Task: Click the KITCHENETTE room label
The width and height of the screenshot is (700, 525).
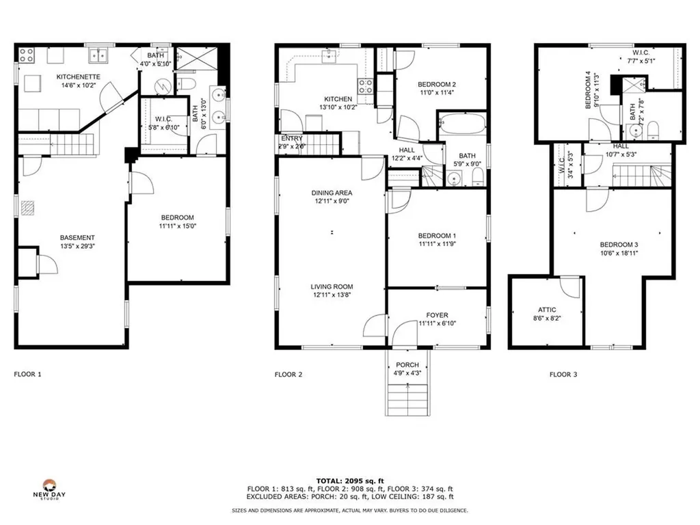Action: (78, 77)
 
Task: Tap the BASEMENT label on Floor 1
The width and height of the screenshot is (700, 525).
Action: (77, 238)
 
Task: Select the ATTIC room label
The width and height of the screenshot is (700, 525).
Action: (547, 310)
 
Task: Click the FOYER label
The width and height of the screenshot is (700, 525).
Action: (437, 315)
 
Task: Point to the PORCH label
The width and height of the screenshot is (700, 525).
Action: (408, 364)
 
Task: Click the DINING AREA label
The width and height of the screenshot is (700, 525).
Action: (331, 193)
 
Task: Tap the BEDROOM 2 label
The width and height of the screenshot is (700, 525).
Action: (437, 84)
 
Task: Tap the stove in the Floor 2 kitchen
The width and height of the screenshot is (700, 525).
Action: (366, 86)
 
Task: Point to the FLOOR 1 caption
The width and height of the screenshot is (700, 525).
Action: (28, 375)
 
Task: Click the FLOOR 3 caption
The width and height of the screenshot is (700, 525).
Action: (563, 375)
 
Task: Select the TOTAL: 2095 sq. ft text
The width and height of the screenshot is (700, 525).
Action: (349, 481)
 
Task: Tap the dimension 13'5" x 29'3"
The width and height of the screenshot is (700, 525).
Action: (77, 246)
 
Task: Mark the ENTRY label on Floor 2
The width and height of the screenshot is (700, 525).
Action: (291, 139)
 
